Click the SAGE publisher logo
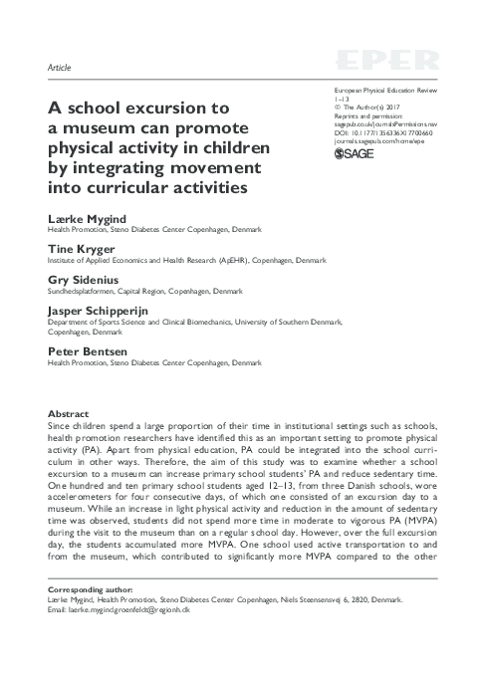click(353, 154)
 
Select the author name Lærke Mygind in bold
click(82, 218)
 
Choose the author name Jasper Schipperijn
click(96, 312)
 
